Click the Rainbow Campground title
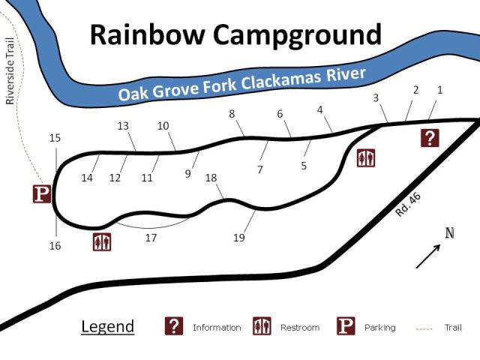click(x=235, y=34)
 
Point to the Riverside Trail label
click(x=10, y=71)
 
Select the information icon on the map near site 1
click(x=429, y=137)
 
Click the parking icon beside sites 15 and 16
click(x=42, y=193)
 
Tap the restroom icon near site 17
click(x=102, y=241)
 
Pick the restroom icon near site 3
click(x=366, y=157)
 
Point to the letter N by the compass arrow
click(x=449, y=232)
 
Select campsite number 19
click(x=239, y=238)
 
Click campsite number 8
click(x=232, y=114)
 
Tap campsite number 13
click(x=124, y=126)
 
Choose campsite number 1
click(x=439, y=90)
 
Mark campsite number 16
click(x=55, y=246)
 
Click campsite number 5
click(x=304, y=166)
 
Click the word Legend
click(x=107, y=327)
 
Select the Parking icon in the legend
click(x=345, y=326)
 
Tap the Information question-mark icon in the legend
click(x=174, y=326)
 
